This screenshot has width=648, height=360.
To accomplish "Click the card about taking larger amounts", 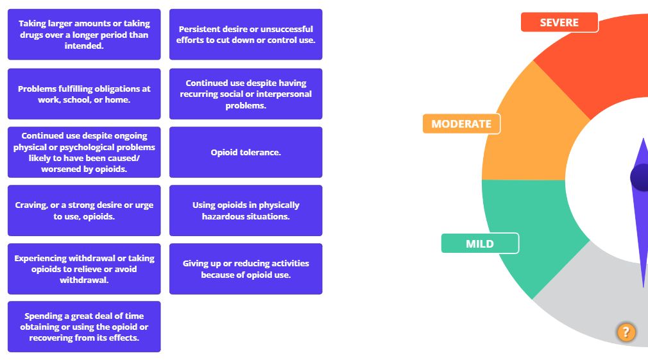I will [84, 35].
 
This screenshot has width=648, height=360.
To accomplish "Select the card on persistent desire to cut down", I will [246, 35].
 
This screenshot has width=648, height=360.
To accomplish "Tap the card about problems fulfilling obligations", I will [84, 94].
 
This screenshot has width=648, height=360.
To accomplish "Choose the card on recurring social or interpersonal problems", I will [246, 94].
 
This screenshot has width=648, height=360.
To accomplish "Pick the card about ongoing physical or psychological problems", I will [84, 152].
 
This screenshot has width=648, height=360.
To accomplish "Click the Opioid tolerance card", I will [246, 152].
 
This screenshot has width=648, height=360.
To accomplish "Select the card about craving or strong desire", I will [84, 210].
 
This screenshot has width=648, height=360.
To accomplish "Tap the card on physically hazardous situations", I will [246, 210].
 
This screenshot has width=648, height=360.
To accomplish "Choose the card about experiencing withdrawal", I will [84, 269].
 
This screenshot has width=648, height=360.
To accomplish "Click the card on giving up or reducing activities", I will [246, 269].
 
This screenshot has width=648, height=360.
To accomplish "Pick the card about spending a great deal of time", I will [84, 327].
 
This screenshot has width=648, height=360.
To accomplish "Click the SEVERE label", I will [559, 22].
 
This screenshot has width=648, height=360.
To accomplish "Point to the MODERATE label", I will [461, 124].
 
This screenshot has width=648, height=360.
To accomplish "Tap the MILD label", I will [480, 244].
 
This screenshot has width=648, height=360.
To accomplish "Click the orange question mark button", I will [626, 332].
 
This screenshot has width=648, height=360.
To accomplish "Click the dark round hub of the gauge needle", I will [640, 177].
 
